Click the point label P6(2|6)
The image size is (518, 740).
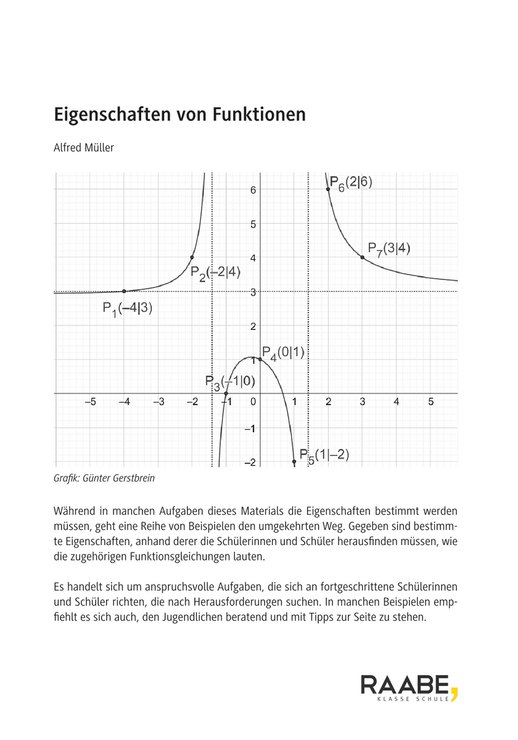351,183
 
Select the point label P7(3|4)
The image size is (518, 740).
389,249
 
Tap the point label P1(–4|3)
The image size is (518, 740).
127,309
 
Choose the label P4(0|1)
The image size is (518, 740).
282,353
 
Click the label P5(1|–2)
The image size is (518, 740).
324,456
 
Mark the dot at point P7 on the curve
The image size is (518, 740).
363,257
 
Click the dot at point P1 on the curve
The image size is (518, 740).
124,291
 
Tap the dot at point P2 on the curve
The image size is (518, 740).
192,257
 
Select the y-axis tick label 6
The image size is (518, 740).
253,190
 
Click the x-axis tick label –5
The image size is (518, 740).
89,403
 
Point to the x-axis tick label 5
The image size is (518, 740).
431,403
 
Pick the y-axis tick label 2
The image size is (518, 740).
253,326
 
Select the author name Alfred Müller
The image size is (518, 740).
84,148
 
